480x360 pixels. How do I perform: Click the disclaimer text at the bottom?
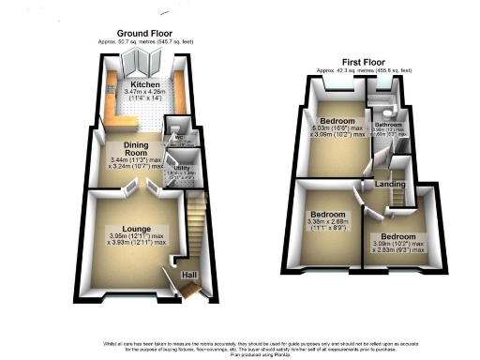coord(240,343)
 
